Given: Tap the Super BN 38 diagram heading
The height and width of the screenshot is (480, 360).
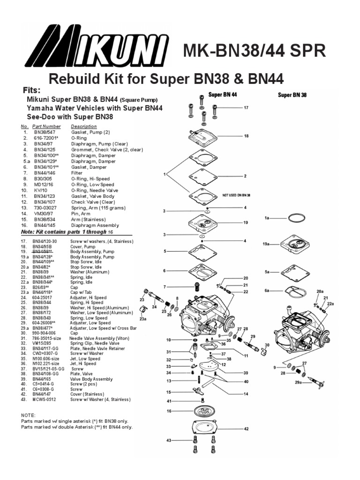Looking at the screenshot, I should click(292, 95).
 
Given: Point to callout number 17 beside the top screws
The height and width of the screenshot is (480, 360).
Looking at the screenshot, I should click(246, 108).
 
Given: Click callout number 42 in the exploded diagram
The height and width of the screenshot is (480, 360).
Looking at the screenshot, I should click(246, 428).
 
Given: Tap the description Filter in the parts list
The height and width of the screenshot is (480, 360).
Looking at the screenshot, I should click(77, 173).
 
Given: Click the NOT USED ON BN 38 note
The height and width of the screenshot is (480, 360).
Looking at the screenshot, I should click(237, 195).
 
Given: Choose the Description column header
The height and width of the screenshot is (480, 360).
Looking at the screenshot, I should click(84, 127).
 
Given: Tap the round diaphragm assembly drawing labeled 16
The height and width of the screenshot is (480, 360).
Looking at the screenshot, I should click(207, 412).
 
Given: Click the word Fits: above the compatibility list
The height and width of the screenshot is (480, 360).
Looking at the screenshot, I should click(32, 90).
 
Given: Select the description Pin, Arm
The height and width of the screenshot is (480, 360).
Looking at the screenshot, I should click(81, 213).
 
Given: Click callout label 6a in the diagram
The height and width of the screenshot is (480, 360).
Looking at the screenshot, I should click(267, 291).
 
